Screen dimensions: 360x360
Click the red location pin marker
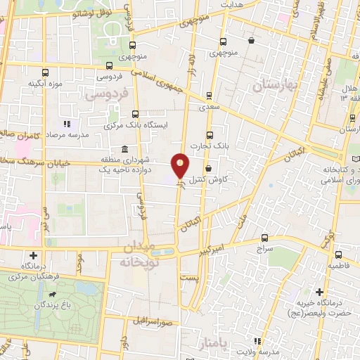[x=181, y=165]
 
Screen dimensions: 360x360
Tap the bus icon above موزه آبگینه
[x=46, y=72]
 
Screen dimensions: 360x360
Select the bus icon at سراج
[x=264, y=238]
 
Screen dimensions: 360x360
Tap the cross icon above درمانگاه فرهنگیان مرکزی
[x=33, y=255]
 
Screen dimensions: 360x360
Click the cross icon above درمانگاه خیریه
[x=319, y=291]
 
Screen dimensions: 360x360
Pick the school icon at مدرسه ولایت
[x=256, y=340]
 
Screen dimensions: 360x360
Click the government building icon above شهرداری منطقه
[x=124, y=149]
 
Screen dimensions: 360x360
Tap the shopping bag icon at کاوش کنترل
[x=210, y=168]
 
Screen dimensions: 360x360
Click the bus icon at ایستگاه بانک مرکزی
[x=135, y=113]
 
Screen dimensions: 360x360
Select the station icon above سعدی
[x=209, y=96]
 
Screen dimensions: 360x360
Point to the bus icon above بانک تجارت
[x=209, y=135]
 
